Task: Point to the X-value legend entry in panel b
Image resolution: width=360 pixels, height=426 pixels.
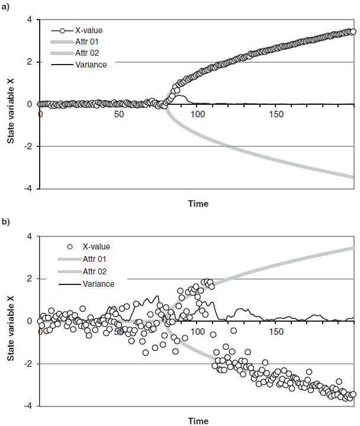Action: point(96,246)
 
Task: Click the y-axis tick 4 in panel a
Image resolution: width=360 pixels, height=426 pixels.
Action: point(30,20)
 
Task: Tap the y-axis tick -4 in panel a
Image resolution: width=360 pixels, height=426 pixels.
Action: point(28,188)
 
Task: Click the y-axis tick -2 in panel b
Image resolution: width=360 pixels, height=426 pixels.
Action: point(28,363)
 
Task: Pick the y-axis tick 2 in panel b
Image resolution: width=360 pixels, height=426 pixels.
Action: point(30,278)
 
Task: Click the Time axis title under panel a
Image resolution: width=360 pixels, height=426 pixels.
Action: point(198,204)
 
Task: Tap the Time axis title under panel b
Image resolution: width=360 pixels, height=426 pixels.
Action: point(198,421)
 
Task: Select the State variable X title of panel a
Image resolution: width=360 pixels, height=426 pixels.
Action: point(11,104)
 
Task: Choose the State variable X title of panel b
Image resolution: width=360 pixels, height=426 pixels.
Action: point(11,321)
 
